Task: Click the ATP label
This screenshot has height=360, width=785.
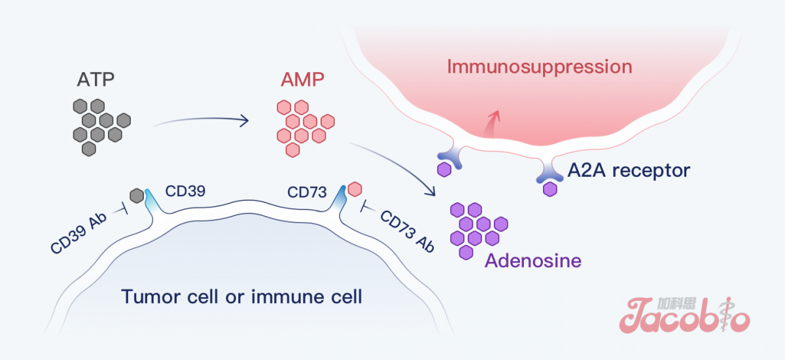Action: pos(96,81)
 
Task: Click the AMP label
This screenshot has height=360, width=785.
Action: pos(303,81)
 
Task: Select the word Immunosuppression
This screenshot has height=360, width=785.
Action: pos(540,66)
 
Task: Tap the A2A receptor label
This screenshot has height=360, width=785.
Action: pos(629,171)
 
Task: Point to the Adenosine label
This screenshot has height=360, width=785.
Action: pos(532,261)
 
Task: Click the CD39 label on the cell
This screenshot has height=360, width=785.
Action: pos(186,191)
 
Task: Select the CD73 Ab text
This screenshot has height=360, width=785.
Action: pos(407,230)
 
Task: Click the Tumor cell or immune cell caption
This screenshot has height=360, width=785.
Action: pos(241,297)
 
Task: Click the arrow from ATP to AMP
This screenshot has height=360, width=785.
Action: pos(200,120)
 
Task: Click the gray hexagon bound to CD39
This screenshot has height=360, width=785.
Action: pos(137,195)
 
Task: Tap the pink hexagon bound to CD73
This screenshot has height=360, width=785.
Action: pos(355,189)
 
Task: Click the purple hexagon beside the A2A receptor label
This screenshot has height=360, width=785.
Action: pos(550,189)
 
